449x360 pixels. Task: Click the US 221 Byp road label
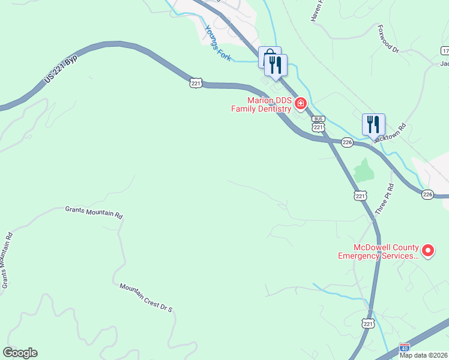click(62, 71)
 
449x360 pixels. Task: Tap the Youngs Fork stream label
click(218, 41)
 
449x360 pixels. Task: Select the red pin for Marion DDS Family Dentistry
click(300, 104)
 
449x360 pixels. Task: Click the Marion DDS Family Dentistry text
click(262, 104)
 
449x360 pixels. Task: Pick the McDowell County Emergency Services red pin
click(427, 251)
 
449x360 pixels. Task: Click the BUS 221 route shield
click(318, 124)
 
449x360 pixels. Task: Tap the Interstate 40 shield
click(405, 347)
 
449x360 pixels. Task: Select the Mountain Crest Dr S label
click(146, 298)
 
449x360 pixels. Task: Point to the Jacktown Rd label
click(390, 133)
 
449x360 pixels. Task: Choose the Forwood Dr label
click(388, 38)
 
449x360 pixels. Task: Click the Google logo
click(20, 353)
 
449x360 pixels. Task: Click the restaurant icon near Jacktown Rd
click(373, 124)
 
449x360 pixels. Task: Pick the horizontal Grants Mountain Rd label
click(94, 212)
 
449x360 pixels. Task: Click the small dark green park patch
click(363, 171)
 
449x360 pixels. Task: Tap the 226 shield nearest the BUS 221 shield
click(346, 142)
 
